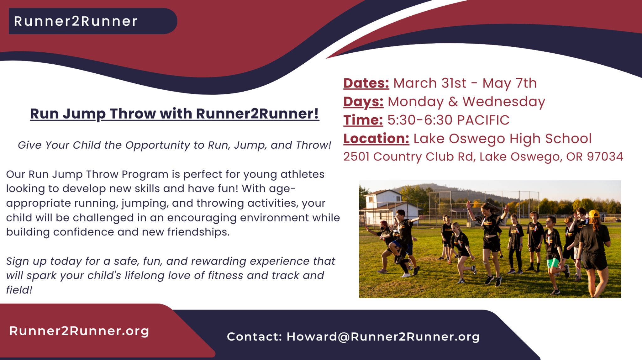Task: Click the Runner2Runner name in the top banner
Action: pyautogui.click(x=76, y=21)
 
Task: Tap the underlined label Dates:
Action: pyautogui.click(x=366, y=83)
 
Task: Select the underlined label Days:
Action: pyautogui.click(x=363, y=102)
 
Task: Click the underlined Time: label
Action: pyautogui.click(x=363, y=120)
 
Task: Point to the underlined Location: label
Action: pyautogui.click(x=376, y=139)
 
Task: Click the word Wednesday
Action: pyautogui.click(x=504, y=102)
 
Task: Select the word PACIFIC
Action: pyautogui.click(x=483, y=120)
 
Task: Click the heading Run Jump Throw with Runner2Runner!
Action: pyautogui.click(x=175, y=114)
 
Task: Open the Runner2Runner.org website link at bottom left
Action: pyautogui.click(x=79, y=331)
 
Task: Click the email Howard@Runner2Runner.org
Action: pyautogui.click(x=383, y=336)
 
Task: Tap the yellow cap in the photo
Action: pyautogui.click(x=594, y=214)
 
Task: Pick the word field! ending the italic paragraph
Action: pyautogui.click(x=19, y=290)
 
